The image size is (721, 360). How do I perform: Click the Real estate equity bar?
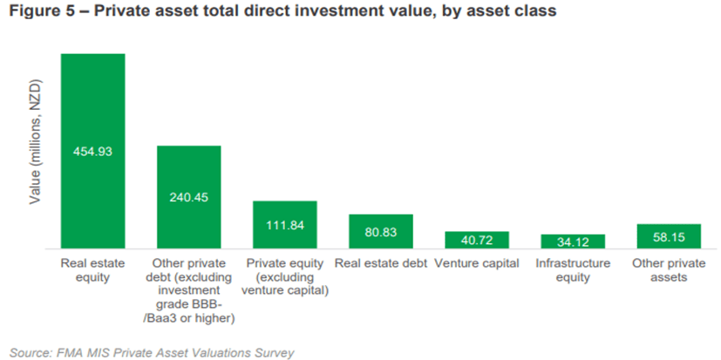93,152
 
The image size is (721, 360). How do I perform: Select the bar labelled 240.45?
189,197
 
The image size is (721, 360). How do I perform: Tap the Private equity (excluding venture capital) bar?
285,225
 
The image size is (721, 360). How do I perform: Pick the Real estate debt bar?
381,232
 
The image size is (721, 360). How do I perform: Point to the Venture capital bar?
477,240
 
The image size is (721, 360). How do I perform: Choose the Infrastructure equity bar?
573,241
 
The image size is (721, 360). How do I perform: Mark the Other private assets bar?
669,236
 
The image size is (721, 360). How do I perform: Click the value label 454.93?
93,152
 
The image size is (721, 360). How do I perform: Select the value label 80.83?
381,232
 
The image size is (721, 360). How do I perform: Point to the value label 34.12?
573,241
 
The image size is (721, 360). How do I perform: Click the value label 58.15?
669,237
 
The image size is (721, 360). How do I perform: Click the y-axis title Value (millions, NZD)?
35,143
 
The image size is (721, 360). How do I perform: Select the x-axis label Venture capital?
477,263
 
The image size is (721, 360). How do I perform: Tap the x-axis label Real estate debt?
381,263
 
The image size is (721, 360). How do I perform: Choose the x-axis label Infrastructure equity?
573,270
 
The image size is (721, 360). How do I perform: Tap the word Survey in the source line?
277,353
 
